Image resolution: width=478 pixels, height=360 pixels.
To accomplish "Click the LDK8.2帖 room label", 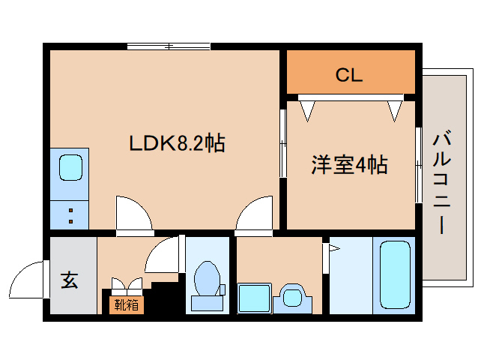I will click(x=178, y=143).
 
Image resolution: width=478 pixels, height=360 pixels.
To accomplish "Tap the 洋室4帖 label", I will click(x=349, y=165).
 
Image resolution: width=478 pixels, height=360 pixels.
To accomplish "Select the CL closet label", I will click(x=349, y=75).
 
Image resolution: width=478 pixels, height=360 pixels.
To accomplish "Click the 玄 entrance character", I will click(x=69, y=281).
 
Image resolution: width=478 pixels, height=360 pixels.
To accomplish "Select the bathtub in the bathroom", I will click(x=393, y=275).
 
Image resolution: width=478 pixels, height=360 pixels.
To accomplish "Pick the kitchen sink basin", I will click(x=70, y=166).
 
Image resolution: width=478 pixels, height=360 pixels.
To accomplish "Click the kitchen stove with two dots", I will click(x=70, y=215).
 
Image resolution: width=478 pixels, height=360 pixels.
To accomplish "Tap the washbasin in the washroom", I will click(x=289, y=298).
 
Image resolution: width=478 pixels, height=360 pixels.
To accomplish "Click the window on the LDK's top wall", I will click(x=169, y=46).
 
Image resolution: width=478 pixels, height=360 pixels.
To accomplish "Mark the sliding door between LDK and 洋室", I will click(x=283, y=144).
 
